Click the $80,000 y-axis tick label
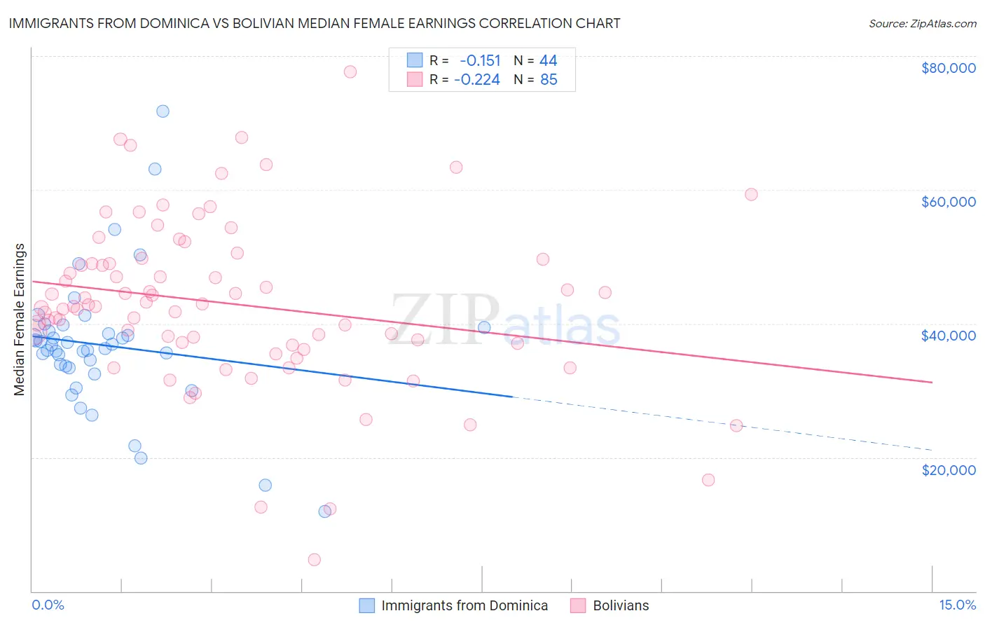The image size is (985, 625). (x=948, y=68)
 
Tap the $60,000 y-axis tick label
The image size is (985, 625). (x=948, y=202)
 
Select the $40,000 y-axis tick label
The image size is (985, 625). (x=948, y=336)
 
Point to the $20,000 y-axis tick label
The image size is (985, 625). (x=948, y=469)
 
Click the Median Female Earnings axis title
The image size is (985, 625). (x=20, y=320)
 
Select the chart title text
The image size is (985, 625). (x=315, y=23)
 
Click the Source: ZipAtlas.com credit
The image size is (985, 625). (x=922, y=24)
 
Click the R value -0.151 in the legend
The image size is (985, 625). (x=480, y=60)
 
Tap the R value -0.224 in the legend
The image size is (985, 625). (x=477, y=80)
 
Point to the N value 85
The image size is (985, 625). (x=549, y=80)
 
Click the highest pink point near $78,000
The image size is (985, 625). (x=350, y=71)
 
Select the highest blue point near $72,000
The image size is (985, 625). (x=163, y=111)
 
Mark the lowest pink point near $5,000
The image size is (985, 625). (x=315, y=559)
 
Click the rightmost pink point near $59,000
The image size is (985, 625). (x=751, y=194)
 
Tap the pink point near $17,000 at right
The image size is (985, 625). (x=708, y=480)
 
